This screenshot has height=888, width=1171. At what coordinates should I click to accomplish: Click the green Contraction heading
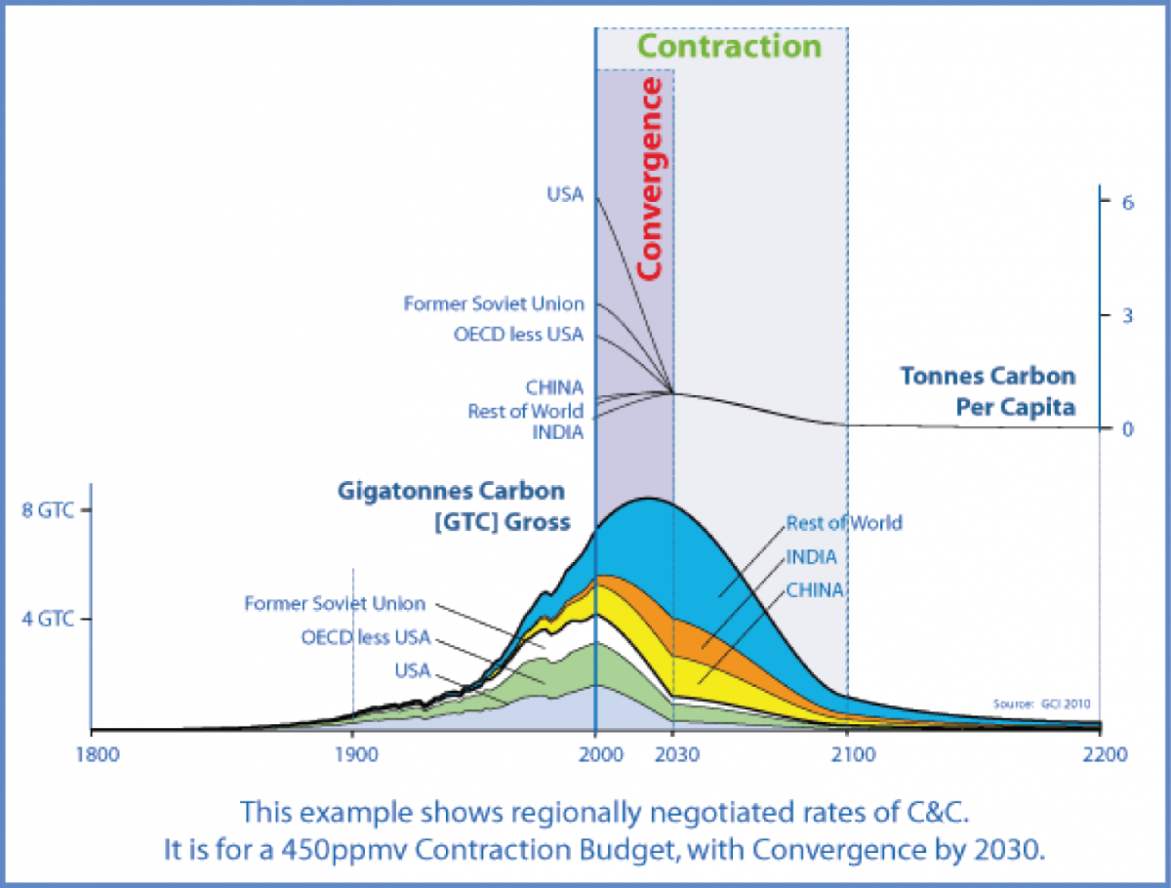(x=729, y=46)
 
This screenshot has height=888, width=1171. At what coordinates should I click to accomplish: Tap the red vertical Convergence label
(x=650, y=180)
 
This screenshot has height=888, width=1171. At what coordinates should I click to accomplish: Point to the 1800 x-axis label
(x=91, y=754)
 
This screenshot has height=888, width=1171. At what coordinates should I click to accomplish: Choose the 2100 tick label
(x=847, y=754)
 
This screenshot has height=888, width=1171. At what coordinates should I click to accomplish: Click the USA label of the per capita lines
(x=565, y=194)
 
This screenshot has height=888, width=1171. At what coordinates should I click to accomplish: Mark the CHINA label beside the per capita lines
(x=553, y=387)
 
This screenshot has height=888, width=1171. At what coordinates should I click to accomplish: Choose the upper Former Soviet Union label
(x=494, y=304)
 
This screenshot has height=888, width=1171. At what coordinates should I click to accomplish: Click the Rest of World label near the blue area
(x=844, y=523)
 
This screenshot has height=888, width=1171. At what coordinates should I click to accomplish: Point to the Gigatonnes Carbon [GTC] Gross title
(x=452, y=505)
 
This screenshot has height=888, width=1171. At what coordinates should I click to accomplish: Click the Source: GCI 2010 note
(x=1041, y=703)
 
